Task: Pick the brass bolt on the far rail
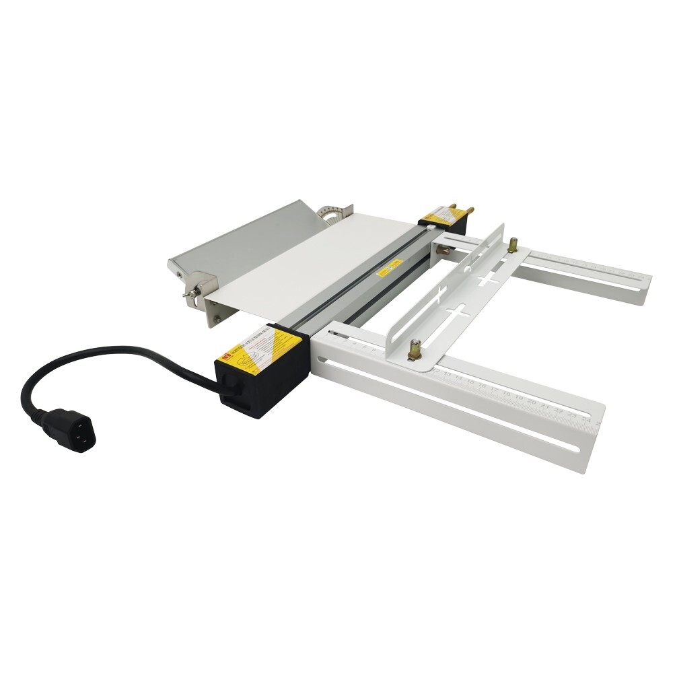(x=513, y=245)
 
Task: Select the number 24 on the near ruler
(x=586, y=420)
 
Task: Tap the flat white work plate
(x=316, y=262)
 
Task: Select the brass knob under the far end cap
(x=445, y=250)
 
